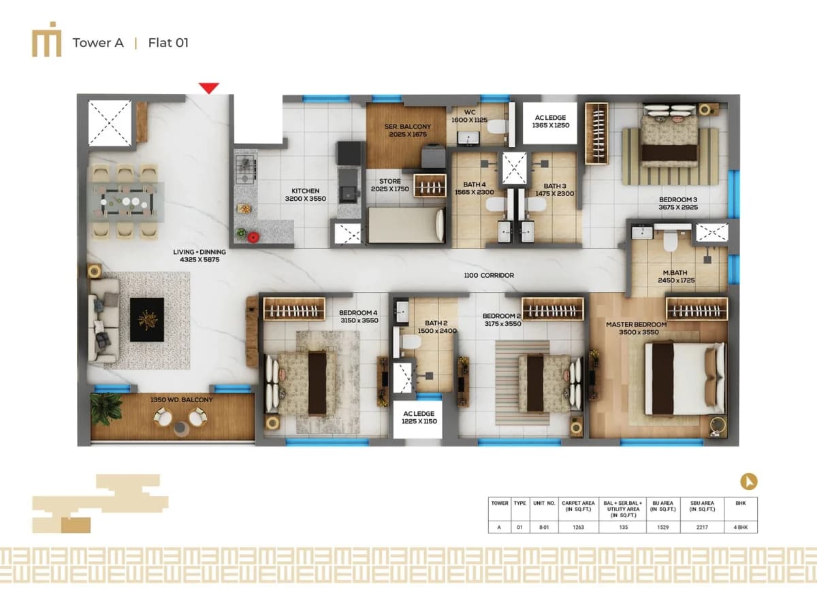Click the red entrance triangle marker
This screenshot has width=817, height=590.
[209, 88]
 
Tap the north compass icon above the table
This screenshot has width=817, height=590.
[749, 482]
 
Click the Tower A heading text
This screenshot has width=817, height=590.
[98, 43]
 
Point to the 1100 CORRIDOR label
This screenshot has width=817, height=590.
[488, 275]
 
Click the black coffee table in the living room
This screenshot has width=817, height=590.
[146, 319]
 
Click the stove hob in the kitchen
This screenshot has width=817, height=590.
[244, 166]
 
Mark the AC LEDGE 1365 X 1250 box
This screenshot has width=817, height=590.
[551, 122]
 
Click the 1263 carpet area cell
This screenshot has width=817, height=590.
[578, 526]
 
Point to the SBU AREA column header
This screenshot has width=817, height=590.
[701, 506]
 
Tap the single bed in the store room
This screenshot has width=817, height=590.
[406, 225]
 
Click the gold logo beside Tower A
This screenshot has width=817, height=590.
[46, 43]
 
